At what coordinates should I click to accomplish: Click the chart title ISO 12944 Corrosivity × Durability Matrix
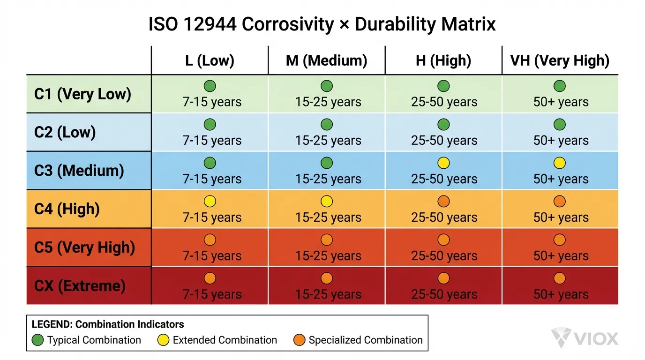click(x=322, y=24)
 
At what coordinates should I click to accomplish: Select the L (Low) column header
click(x=210, y=60)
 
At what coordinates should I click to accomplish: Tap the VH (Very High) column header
click(x=560, y=60)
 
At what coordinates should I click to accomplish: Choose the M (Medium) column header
click(x=327, y=60)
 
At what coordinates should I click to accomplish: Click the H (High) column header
click(x=443, y=60)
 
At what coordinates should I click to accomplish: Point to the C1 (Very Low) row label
click(x=82, y=94)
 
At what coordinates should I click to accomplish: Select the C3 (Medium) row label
click(x=79, y=171)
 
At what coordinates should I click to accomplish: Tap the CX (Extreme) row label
click(x=80, y=285)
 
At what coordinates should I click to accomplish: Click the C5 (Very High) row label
click(x=84, y=247)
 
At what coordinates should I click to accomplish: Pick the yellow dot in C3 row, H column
click(x=443, y=163)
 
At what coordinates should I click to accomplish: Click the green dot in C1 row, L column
click(x=210, y=86)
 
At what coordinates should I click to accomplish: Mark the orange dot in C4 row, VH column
click(x=560, y=202)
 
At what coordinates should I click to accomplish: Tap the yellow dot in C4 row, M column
click(x=327, y=202)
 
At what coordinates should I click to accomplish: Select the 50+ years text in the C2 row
click(x=561, y=140)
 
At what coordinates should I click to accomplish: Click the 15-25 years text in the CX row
click(x=328, y=294)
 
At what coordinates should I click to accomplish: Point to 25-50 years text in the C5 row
click(x=444, y=256)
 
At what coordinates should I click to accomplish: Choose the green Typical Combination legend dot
click(x=38, y=340)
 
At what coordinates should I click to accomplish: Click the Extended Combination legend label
click(x=225, y=340)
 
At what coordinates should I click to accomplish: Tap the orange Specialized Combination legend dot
click(x=300, y=340)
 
